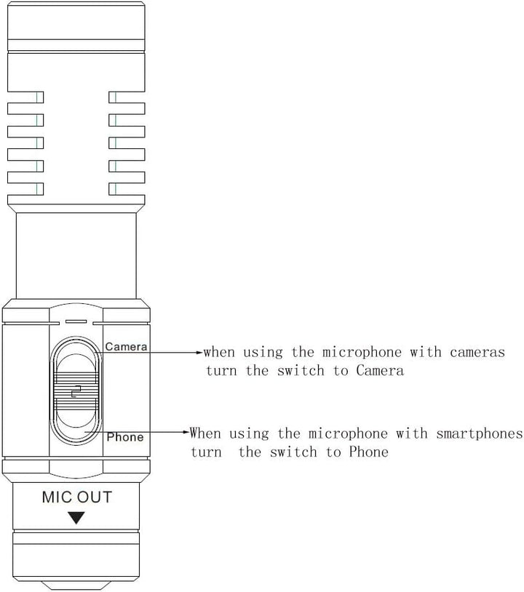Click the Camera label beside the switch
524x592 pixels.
(x=126, y=347)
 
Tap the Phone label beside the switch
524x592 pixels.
(x=125, y=437)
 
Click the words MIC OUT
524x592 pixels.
(x=76, y=497)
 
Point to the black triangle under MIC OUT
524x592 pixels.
(x=76, y=518)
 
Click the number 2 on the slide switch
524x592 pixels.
(x=76, y=391)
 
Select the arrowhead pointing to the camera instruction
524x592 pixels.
(x=199, y=353)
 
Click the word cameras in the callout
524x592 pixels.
(x=477, y=352)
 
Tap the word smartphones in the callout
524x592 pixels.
(x=480, y=433)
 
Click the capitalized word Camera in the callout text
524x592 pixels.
(x=380, y=370)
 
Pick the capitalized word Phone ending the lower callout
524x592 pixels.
(x=369, y=452)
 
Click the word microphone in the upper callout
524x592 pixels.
(x=362, y=353)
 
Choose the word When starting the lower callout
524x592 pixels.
(x=205, y=433)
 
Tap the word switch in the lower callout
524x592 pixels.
(x=293, y=452)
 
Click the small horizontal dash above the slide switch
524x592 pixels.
(x=76, y=321)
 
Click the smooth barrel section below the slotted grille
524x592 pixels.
(x=76, y=255)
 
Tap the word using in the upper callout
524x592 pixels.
(x=263, y=353)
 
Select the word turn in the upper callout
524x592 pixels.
(x=221, y=371)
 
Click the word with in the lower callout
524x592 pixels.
(x=412, y=433)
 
